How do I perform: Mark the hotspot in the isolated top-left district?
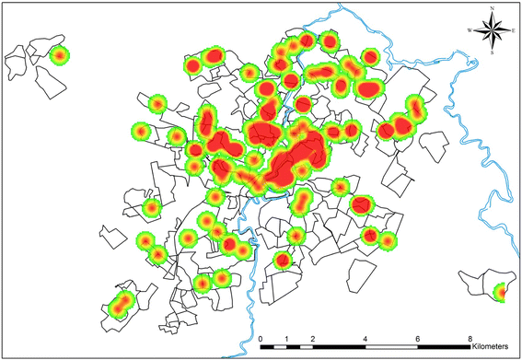click(60, 55)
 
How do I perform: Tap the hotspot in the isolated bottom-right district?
click(501, 294)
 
